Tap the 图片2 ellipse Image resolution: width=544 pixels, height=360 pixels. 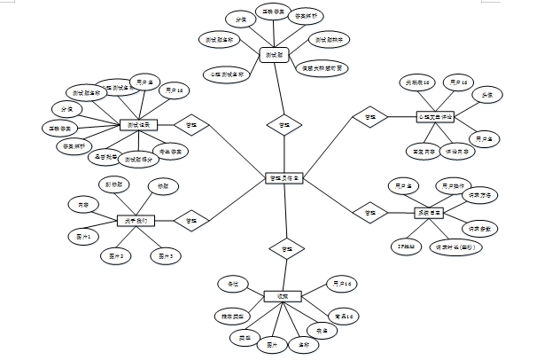[x=116, y=255]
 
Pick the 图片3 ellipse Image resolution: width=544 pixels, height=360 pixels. [x=165, y=255]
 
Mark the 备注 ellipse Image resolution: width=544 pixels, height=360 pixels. [x=233, y=284]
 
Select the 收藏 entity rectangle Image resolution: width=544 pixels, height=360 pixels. [x=284, y=295]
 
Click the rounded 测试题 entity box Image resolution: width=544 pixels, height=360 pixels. [x=277, y=56]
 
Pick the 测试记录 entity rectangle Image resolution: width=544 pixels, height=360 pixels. [x=138, y=125]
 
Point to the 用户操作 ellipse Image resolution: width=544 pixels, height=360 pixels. [x=454, y=185]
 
